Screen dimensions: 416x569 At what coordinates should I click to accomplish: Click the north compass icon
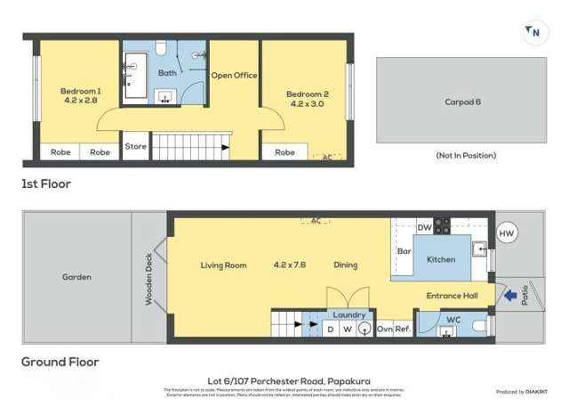click(533, 33)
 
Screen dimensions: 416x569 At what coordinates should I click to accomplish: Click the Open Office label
click(234, 76)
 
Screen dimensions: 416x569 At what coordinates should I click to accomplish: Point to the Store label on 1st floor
click(135, 146)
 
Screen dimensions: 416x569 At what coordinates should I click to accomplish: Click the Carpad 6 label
click(462, 102)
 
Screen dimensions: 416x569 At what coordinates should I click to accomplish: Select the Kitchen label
click(441, 259)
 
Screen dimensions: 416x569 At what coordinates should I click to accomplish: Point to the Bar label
click(403, 252)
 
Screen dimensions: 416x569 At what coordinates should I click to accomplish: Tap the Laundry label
click(349, 314)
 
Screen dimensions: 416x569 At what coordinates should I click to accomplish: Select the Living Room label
click(223, 265)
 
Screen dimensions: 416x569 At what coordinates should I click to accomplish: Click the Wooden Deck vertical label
click(149, 278)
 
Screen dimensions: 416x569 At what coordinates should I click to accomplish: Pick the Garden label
click(76, 277)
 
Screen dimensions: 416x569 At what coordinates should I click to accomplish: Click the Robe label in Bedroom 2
click(284, 152)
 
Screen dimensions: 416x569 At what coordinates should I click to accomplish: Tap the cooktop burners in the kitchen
click(442, 225)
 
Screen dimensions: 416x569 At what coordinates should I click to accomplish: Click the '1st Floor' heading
click(46, 184)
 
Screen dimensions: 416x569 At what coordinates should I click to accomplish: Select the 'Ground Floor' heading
click(60, 362)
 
